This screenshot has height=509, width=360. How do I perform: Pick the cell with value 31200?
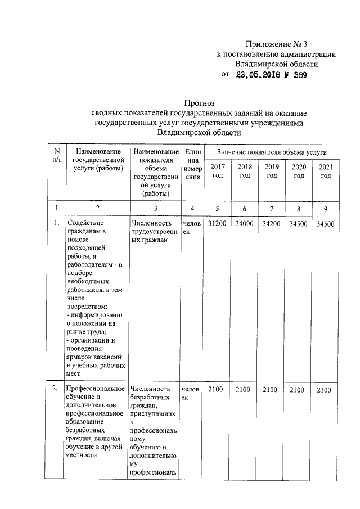(218, 224)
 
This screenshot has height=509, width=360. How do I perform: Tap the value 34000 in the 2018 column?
(245, 224)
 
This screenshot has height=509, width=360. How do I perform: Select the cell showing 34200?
(272, 224)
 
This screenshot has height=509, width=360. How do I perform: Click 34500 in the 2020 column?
(299, 224)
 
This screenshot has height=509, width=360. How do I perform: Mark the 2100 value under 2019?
(272, 390)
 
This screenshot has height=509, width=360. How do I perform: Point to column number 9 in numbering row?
(325, 209)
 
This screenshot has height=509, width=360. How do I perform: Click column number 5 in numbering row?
(218, 209)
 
